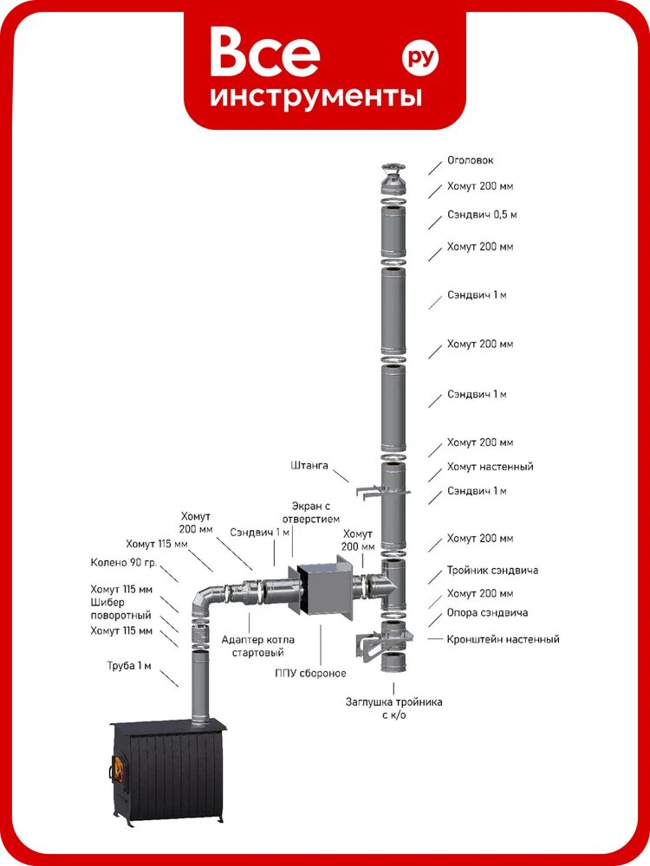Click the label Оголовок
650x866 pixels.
470,160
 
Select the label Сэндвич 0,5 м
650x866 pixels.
482,214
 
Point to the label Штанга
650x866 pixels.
309,466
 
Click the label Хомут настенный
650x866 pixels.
491,467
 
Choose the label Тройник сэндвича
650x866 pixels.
492,570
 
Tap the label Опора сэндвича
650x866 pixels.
487,612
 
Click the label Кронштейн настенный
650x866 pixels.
503,639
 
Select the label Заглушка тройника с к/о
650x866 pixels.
394,708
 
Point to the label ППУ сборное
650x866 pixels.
310,673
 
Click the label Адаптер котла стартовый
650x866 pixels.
257,646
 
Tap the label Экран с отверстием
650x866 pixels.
310,513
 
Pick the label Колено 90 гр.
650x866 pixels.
124,563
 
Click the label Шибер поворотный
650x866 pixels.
120,609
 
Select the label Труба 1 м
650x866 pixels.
129,666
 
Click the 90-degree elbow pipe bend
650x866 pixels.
205,598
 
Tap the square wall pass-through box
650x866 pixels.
325,588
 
